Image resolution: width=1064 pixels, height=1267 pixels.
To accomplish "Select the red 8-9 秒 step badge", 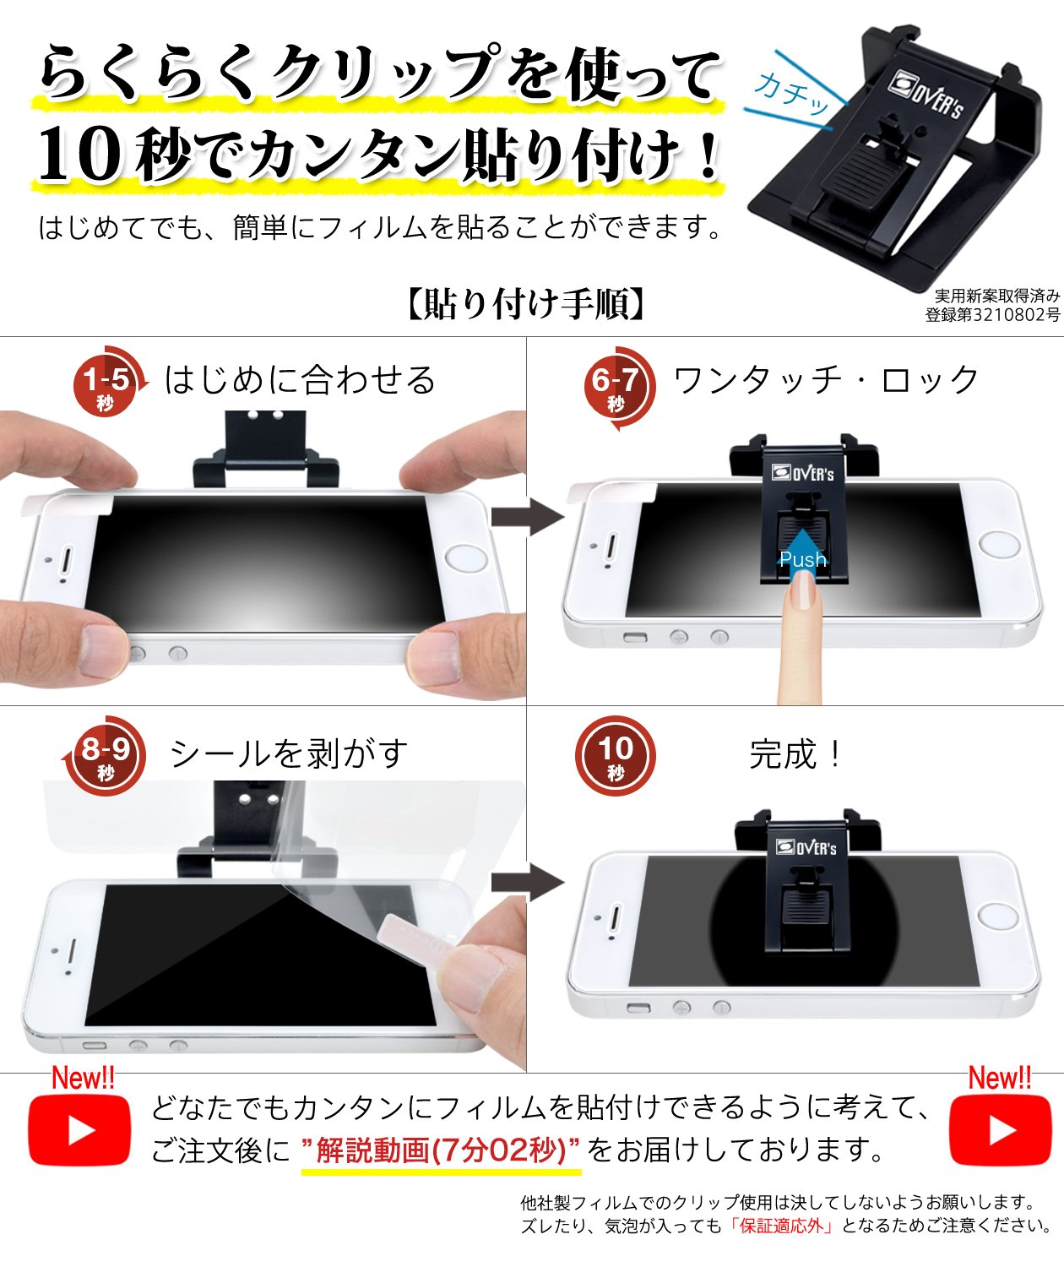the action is pyautogui.click(x=105, y=756).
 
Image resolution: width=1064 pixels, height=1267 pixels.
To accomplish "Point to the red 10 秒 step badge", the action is pyautogui.click(x=615, y=756).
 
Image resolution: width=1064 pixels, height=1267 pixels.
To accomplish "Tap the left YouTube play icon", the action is pyautogui.click(x=79, y=1130).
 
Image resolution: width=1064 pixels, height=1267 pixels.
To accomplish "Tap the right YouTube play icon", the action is pyautogui.click(x=1000, y=1130).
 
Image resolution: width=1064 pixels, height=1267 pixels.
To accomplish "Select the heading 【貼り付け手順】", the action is pyautogui.click(x=525, y=303).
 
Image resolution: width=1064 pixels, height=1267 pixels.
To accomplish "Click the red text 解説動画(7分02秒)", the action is pyautogui.click(x=441, y=1150).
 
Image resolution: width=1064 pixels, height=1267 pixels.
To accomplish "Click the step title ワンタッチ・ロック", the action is pyautogui.click(x=826, y=380).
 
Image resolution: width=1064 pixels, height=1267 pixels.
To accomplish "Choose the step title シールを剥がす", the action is pyautogui.click(x=289, y=754).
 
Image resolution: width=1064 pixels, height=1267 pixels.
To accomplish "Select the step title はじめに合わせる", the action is pyautogui.click(x=300, y=380).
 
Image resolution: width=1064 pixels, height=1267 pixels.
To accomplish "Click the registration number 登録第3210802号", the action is pyautogui.click(x=992, y=314).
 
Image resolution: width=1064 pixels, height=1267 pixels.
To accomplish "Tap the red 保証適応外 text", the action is pyautogui.click(x=782, y=1226).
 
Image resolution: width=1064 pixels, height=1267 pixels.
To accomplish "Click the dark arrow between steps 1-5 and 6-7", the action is pyautogui.click(x=527, y=516).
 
